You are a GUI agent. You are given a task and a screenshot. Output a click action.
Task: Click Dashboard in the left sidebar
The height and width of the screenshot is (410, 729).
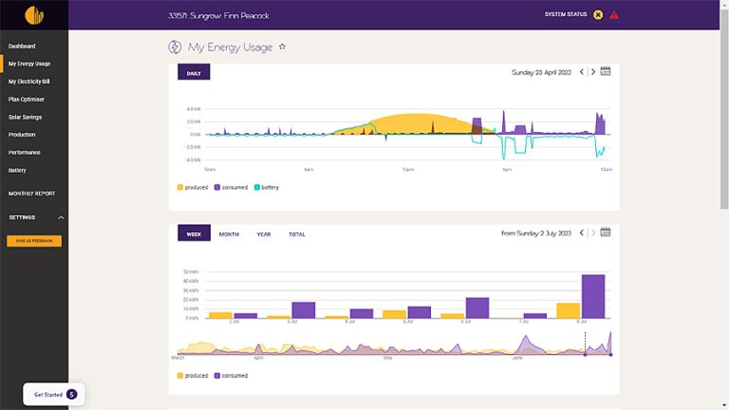[x=22, y=46]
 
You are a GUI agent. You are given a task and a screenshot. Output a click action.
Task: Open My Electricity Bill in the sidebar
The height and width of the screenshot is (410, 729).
[x=28, y=82]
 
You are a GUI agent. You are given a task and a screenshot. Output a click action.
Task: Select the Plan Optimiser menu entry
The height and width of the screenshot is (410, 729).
[x=27, y=99]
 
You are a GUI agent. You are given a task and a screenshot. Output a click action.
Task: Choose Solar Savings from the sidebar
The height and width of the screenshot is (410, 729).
[x=25, y=117]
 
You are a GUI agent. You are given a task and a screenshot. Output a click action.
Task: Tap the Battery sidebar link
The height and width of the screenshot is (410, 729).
[x=17, y=171]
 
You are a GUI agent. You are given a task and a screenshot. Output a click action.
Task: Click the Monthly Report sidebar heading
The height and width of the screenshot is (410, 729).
[x=31, y=194]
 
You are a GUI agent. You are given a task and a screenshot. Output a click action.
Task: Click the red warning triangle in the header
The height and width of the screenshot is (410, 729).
[x=614, y=15]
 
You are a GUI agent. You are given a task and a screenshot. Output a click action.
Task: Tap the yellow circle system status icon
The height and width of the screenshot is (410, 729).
[x=598, y=15]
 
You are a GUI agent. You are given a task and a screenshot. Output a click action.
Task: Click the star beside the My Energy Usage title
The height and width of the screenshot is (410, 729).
[x=282, y=47]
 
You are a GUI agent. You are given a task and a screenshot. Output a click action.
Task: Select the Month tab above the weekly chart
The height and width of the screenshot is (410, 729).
[x=229, y=233]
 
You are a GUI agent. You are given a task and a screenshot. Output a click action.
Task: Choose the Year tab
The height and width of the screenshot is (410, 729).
[x=264, y=233]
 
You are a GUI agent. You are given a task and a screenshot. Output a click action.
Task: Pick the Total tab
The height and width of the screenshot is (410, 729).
[x=297, y=233]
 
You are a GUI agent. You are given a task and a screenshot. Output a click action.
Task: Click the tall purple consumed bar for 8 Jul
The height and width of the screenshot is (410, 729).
[x=593, y=296]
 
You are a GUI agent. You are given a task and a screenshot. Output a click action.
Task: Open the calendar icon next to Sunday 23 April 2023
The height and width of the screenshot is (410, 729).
[x=606, y=72]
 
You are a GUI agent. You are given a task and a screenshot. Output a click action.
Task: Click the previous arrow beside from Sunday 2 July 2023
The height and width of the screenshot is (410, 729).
[x=581, y=233]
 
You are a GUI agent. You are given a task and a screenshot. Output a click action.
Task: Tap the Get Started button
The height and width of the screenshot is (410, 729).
[x=54, y=394]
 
